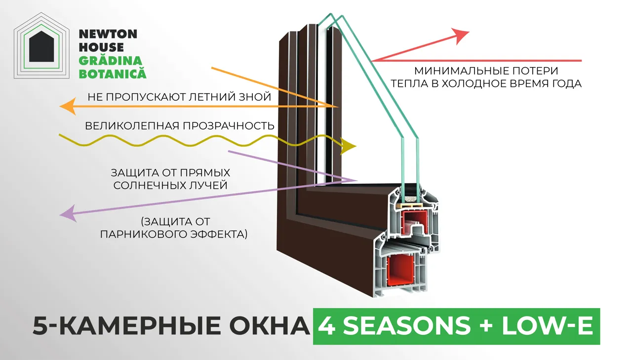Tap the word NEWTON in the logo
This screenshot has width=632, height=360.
coord(108,34)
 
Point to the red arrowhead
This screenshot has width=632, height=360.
coord(460,36)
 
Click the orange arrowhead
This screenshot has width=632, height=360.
coord(68,106)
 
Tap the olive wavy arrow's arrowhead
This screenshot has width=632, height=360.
coord(349,146)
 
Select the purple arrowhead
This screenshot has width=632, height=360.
coord(68,213)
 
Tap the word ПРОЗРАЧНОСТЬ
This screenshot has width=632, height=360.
coord(229,126)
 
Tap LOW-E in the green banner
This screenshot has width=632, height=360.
coord(548,326)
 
